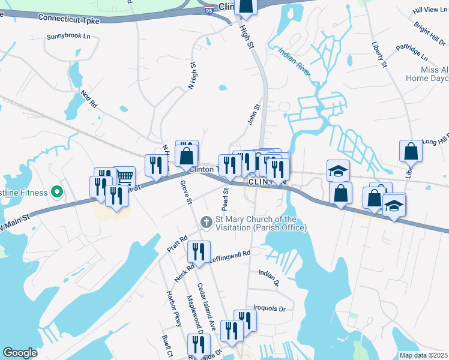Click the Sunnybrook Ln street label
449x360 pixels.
(x=72, y=37)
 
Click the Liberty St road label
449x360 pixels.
(x=379, y=54)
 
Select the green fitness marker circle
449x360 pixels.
(x=57, y=193)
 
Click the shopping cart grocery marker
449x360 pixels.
(x=124, y=176)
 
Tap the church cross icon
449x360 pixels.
(x=206, y=223)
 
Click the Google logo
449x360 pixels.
(x=20, y=353)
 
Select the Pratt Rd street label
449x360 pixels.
(x=173, y=244)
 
